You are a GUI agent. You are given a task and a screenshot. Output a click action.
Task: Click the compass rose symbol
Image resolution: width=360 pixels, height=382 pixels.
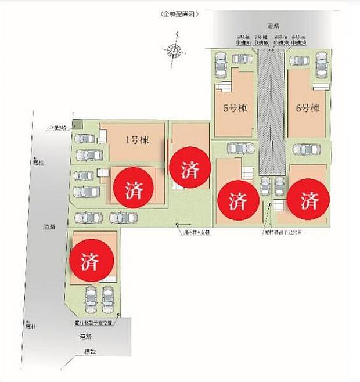pyautogui.click(x=174, y=52)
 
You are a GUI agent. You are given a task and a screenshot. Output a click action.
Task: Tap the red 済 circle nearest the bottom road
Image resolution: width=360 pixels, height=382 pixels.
pyautogui.click(x=92, y=260)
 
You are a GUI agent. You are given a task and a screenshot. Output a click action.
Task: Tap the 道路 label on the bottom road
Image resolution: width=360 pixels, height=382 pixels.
pyautogui.click(x=85, y=336)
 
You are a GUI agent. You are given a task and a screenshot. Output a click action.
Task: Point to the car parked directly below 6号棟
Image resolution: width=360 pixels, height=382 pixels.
pyautogui.click(x=307, y=149)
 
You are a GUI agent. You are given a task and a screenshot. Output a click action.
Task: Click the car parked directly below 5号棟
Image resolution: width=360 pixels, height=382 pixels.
pyautogui.click(x=241, y=148)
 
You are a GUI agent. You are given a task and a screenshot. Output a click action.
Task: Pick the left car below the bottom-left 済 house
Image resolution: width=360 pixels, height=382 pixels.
pyautogui.click(x=92, y=300)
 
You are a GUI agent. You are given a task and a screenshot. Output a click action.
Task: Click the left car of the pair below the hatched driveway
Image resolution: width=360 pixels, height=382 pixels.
pyautogui.click(x=265, y=187)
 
